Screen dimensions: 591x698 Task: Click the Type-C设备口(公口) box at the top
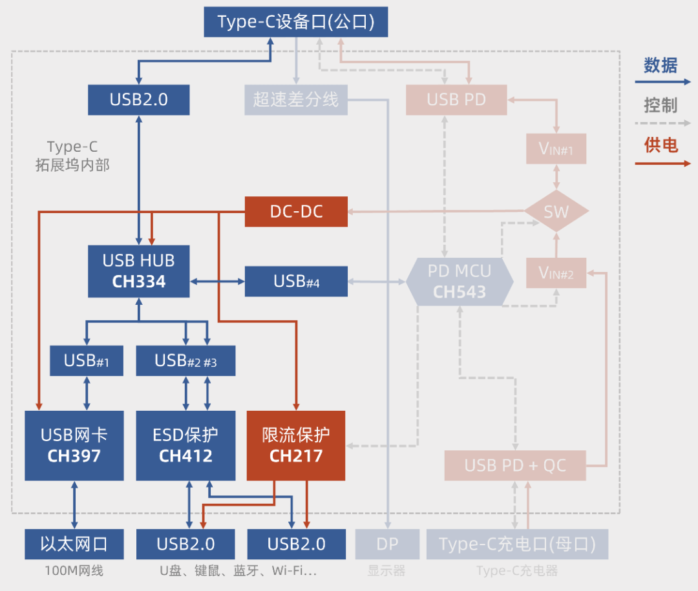tap(297, 22)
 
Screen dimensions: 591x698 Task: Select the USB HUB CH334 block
tap(139, 271)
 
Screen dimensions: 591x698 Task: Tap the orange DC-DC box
tap(296, 212)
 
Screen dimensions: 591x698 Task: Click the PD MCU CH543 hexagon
tap(460, 282)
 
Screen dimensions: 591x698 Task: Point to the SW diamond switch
tap(556, 211)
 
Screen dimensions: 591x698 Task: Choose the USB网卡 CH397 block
tap(74, 446)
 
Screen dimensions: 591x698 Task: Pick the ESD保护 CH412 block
tap(185, 446)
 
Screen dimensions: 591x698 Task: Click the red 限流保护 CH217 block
tap(296, 446)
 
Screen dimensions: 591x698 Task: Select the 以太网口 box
tap(74, 544)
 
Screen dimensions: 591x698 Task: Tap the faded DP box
tap(387, 544)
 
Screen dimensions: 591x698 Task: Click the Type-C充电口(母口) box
tap(517, 544)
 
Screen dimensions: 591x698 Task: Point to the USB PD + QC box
tap(515, 466)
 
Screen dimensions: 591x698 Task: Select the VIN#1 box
tap(556, 150)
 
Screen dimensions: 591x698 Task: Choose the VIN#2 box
tap(556, 273)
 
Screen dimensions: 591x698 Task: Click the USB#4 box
tap(296, 282)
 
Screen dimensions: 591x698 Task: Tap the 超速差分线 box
tap(296, 100)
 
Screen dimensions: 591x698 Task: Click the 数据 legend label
tap(661, 65)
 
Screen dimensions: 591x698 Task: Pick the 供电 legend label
tap(661, 145)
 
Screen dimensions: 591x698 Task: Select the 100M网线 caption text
tap(74, 571)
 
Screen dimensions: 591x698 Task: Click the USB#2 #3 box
tap(185, 361)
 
